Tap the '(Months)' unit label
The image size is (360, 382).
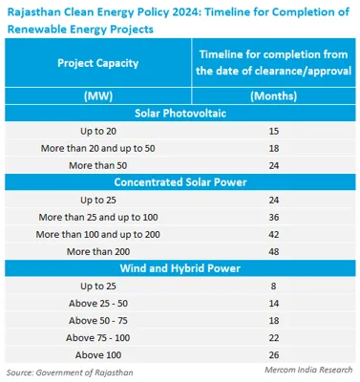click(273, 96)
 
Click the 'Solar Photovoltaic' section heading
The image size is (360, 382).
click(180, 113)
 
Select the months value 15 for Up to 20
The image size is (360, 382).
click(273, 130)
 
